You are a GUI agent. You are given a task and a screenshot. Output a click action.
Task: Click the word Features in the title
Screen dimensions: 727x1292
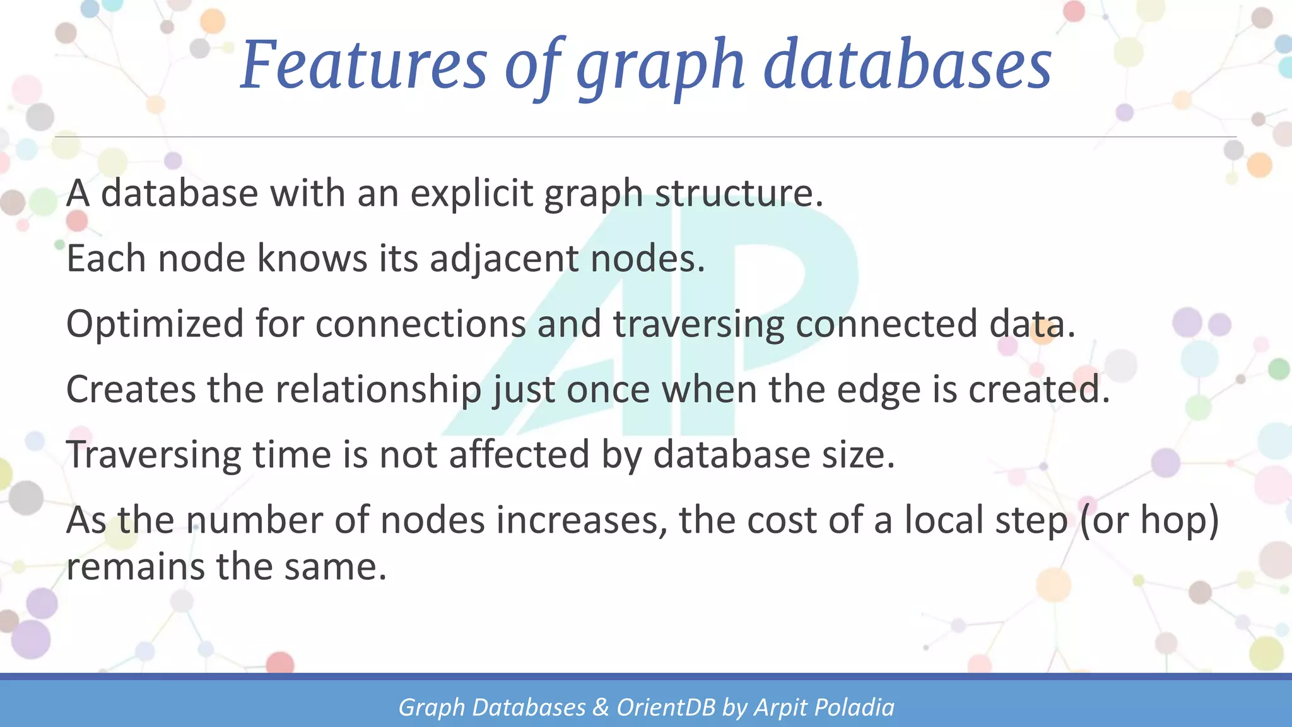(x=364, y=64)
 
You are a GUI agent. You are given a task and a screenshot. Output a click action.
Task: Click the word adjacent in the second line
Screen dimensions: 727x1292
(x=503, y=259)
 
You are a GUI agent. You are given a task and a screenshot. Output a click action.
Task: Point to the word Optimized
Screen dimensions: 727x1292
(x=155, y=324)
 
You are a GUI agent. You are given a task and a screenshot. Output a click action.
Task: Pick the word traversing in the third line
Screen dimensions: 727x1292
(x=698, y=324)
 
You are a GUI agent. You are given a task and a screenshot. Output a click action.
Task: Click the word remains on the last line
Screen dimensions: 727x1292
(x=135, y=566)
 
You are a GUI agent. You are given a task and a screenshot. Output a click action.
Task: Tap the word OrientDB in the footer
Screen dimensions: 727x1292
(x=666, y=707)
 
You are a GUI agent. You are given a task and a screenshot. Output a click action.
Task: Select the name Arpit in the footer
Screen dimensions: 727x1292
(x=782, y=707)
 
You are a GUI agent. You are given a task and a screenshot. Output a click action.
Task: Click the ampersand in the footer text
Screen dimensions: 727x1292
(x=601, y=707)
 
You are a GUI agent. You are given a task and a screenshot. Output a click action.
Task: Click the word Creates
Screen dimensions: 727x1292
(x=131, y=389)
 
